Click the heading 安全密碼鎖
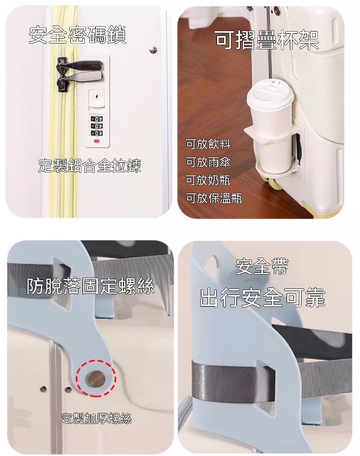77,35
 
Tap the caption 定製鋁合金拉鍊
90,166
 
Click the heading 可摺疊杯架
267,40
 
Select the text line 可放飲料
208,144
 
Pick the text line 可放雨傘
208,162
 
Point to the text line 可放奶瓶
208,180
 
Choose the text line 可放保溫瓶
214,198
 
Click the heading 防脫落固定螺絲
91,286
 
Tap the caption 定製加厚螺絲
96,418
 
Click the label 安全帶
262,266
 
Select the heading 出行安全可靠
262,297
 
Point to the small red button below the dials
96,142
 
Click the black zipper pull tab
79,65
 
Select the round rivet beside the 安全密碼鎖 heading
153,50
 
